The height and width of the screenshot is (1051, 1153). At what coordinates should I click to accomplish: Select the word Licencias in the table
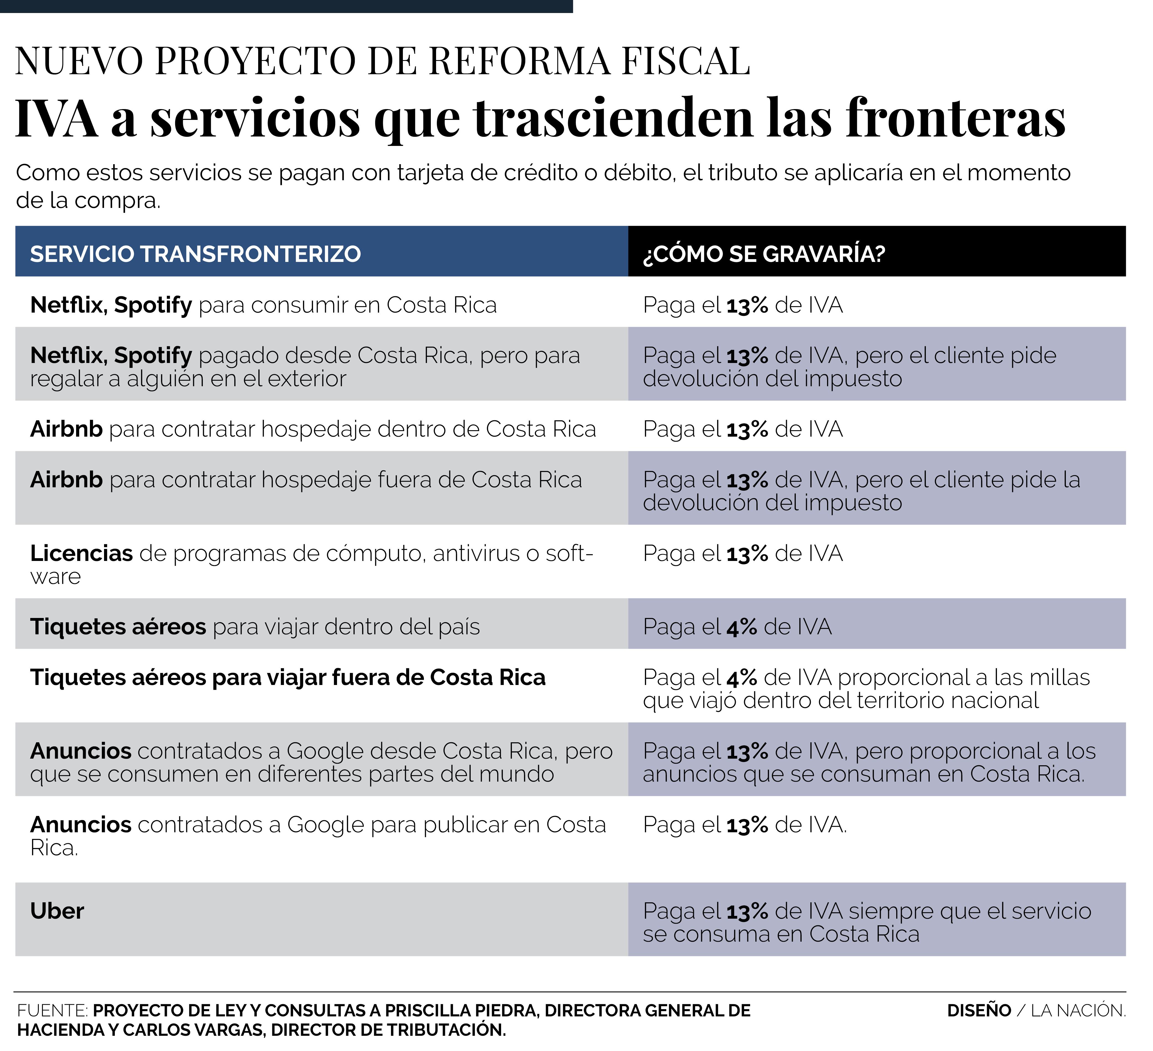click(81, 553)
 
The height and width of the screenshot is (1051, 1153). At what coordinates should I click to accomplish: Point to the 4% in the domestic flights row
click(742, 627)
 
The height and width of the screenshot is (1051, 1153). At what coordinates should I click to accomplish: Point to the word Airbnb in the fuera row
click(66, 480)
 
